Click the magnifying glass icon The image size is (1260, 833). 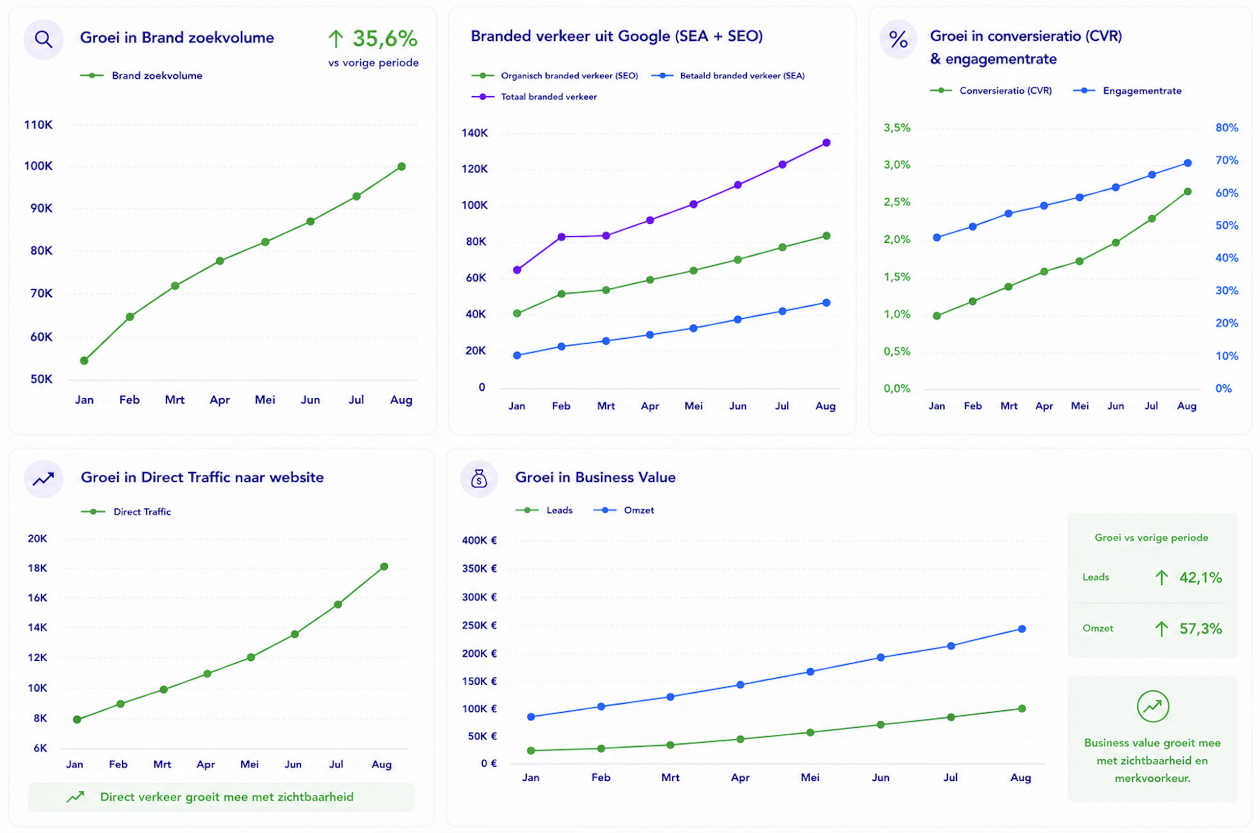43,39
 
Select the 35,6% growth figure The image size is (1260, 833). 385,38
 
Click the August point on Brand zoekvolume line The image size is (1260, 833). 402,166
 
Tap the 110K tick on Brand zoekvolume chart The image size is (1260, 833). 38,125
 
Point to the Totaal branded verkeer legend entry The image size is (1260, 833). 534,96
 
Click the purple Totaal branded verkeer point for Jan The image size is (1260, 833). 517,270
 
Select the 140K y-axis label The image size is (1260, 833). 474,133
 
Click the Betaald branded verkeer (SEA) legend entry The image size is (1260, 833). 728,75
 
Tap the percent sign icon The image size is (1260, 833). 898,39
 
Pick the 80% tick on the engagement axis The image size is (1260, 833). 1227,128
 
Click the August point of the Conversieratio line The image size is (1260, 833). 1188,192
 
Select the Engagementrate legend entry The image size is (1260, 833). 1127,91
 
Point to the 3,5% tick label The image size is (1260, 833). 897,128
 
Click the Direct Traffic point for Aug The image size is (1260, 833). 384,566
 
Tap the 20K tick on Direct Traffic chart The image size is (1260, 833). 37,539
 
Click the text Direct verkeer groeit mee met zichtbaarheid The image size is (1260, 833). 227,797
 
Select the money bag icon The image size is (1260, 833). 479,479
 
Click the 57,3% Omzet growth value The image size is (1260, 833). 1200,629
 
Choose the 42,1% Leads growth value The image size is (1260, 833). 1200,577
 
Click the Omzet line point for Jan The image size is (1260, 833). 531,717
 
